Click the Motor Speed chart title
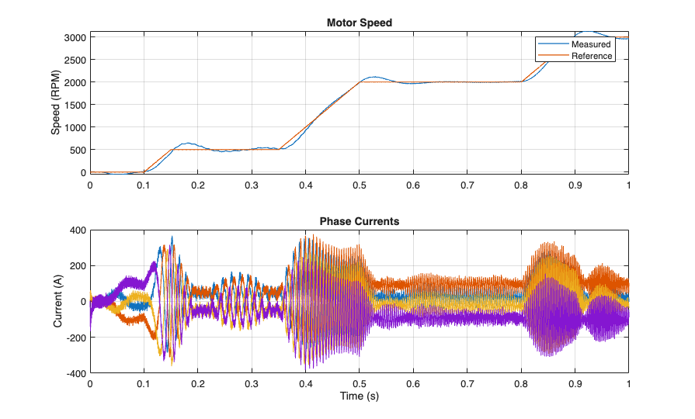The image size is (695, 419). [359, 23]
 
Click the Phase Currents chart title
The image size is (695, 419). [359, 221]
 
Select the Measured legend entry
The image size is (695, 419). [591, 44]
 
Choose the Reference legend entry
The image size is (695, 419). [592, 56]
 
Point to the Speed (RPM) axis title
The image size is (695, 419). [56, 104]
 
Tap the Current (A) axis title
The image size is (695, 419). [59, 301]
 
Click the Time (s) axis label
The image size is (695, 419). [359, 396]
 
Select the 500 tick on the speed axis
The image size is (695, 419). [77, 150]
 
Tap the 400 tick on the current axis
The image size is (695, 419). [77, 230]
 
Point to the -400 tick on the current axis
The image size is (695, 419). [75, 373]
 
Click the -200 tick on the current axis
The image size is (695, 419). [75, 338]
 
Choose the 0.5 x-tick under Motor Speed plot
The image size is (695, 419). [359, 185]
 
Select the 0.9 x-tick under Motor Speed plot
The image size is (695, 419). [575, 185]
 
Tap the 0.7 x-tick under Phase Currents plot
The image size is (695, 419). [467, 384]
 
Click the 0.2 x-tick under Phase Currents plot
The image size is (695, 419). [197, 384]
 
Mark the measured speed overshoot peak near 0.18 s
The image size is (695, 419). [187, 144]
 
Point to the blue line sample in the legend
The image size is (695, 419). [553, 44]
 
